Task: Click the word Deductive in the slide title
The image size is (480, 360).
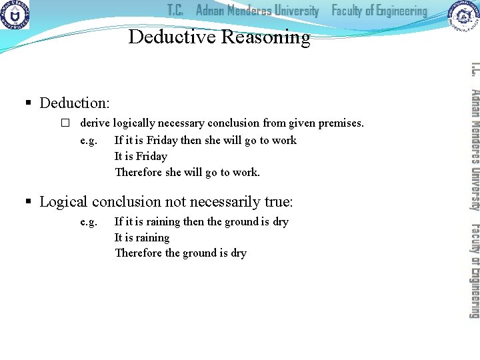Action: (172, 37)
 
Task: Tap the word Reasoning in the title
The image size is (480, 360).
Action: (265, 37)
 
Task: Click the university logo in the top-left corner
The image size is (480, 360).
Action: (15, 15)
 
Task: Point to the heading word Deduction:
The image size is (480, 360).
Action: (75, 103)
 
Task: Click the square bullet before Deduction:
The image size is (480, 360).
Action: (28, 103)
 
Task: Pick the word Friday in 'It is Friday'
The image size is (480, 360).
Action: (151, 156)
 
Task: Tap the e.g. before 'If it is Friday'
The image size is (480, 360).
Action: (89, 140)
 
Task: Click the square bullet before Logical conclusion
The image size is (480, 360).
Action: (28, 202)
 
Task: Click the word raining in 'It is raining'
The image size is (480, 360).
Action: (152, 237)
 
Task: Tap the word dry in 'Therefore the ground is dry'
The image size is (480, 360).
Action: (238, 253)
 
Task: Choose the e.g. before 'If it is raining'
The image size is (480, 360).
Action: (89, 221)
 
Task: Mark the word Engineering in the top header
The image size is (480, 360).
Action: (398, 11)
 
